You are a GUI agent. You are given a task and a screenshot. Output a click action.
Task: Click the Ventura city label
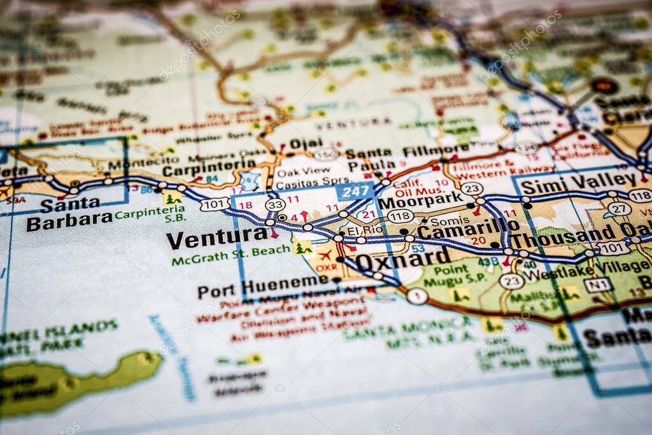tap(216, 239)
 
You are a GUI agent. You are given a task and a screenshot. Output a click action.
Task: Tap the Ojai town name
tap(306, 143)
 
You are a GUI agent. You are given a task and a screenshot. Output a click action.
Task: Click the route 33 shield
tap(275, 204)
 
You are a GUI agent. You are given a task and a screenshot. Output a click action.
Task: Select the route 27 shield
tap(619, 209)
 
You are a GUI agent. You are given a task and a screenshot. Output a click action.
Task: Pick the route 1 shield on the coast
tap(417, 296)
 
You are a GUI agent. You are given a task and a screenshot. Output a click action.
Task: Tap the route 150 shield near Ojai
tap(326, 153)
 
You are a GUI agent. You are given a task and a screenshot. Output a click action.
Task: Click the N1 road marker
tap(597, 285)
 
